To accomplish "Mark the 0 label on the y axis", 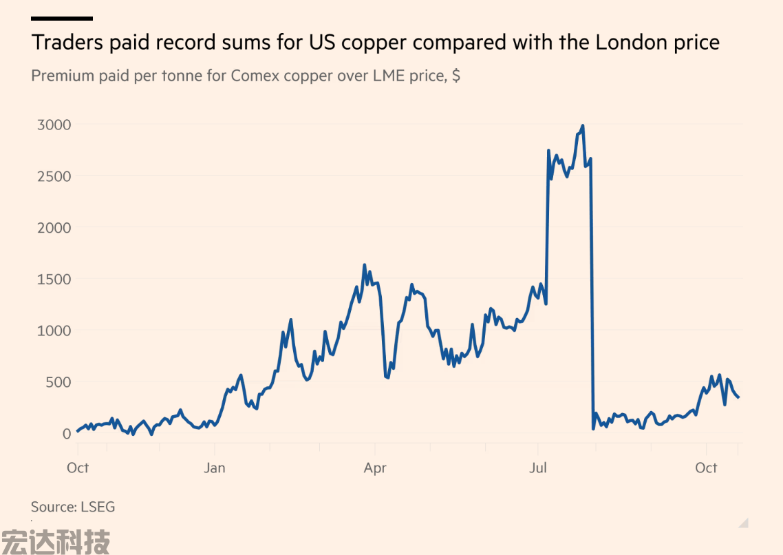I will (67, 434).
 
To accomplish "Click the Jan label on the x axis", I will (215, 468).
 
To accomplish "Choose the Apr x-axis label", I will (375, 468).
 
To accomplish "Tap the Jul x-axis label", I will (537, 468).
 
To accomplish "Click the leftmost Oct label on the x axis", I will (78, 468).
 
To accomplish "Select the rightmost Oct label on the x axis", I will (706, 468).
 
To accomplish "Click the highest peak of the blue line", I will (583, 126).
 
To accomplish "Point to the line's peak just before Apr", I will (365, 265).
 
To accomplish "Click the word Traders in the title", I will (65, 43).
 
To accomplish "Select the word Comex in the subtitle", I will (255, 76).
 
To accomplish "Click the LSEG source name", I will (98, 507).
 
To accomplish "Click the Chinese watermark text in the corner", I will (55, 541).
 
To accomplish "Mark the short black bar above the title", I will (62, 19).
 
